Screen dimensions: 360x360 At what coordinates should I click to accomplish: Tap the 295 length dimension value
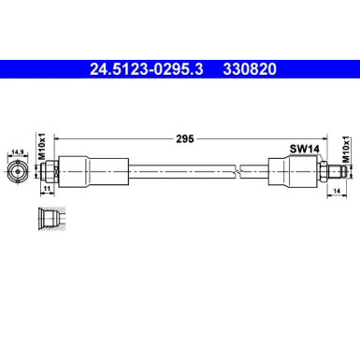click(x=184, y=138)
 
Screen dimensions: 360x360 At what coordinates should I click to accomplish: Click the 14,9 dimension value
click(x=17, y=150)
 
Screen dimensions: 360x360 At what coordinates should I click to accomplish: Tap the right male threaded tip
click(x=338, y=171)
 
